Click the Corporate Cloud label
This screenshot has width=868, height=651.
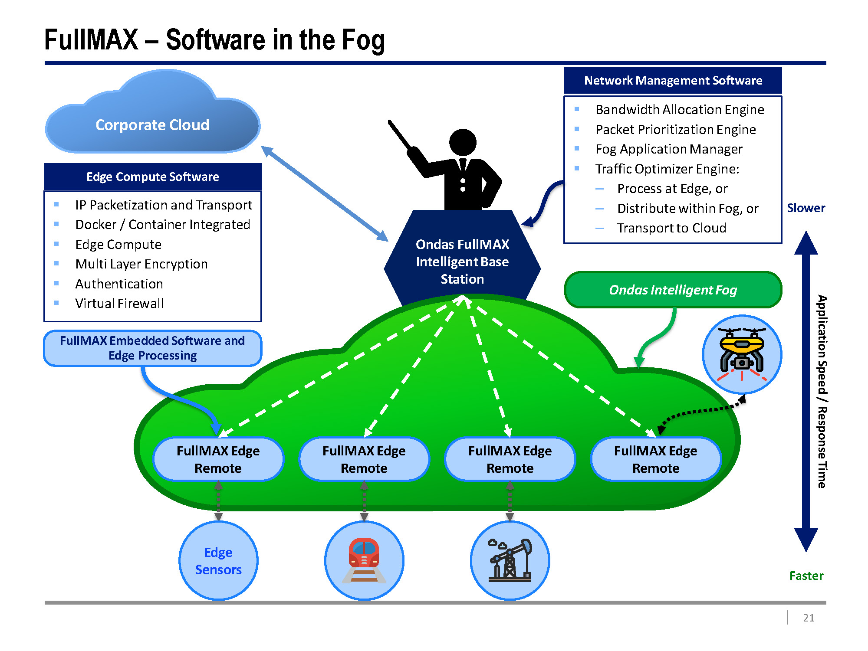[152, 125]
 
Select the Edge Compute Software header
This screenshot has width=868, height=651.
[153, 177]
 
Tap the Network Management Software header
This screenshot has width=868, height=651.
[673, 80]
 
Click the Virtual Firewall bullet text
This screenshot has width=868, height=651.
[119, 303]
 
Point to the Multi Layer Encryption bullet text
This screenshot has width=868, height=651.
[141, 264]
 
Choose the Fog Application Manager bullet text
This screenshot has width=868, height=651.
[669, 149]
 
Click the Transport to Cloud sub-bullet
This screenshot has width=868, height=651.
[671, 228]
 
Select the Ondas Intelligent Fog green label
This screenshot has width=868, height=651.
[673, 290]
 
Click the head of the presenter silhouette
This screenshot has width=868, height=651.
[463, 142]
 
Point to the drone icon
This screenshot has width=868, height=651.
[742, 354]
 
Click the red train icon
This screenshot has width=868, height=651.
[364, 560]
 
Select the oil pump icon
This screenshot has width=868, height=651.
[510, 560]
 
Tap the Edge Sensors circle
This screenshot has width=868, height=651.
[218, 560]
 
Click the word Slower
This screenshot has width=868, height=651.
[806, 208]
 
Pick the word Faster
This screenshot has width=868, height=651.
[806, 576]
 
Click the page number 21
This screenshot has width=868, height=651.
[809, 618]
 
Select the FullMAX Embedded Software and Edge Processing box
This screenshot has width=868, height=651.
[153, 348]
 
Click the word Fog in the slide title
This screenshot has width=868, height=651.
[363, 40]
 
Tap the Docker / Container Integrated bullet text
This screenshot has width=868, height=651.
[163, 225]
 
